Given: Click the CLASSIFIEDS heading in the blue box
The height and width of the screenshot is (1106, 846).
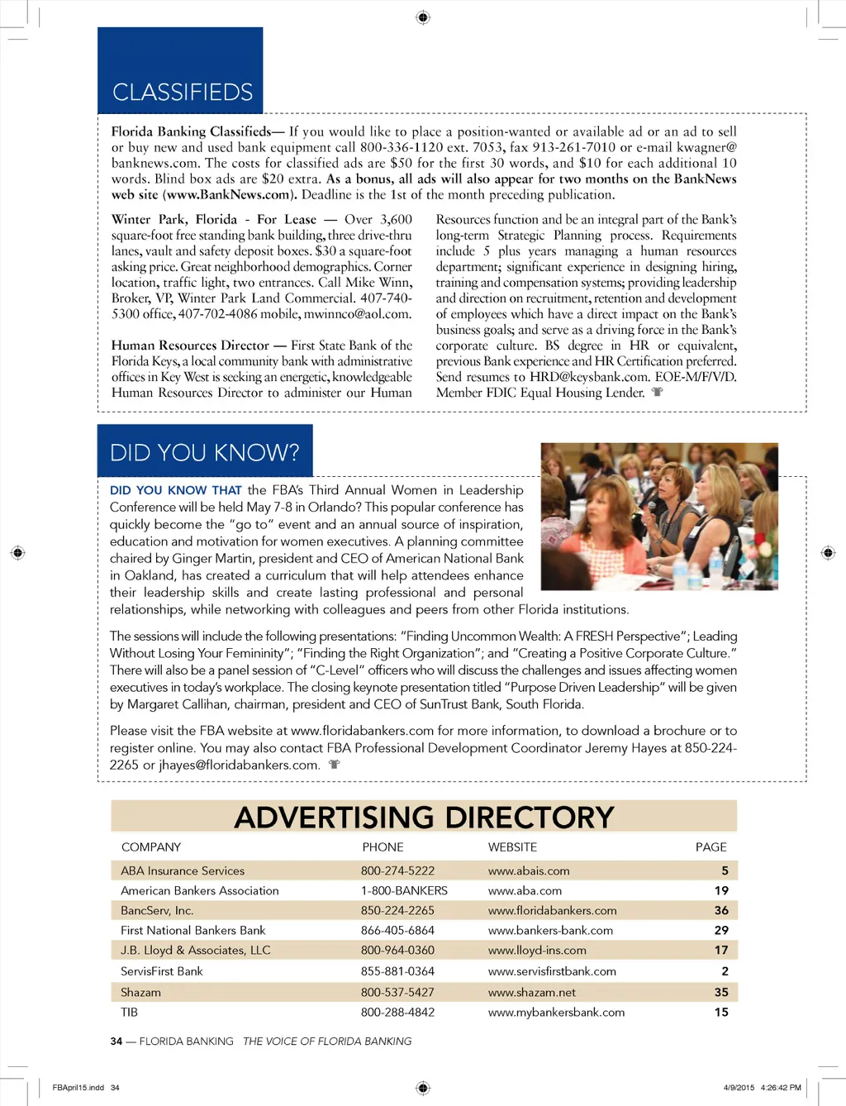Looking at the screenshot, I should pyautogui.click(x=183, y=92).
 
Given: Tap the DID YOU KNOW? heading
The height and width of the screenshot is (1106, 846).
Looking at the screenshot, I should pyautogui.click(x=205, y=452).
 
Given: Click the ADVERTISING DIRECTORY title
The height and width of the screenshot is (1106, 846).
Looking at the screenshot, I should pyautogui.click(x=424, y=817).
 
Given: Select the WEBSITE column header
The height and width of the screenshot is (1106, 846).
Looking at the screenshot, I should pyautogui.click(x=512, y=846).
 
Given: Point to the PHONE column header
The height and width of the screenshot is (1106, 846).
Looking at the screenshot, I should pyautogui.click(x=383, y=846).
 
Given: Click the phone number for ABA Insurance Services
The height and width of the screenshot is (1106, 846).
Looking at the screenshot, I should pyautogui.click(x=397, y=870).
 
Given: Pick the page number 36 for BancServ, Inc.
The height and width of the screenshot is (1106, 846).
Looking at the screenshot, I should pyautogui.click(x=721, y=910).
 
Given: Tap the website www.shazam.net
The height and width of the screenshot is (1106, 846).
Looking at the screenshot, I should pyautogui.click(x=531, y=992).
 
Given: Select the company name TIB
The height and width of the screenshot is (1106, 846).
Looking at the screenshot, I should pyautogui.click(x=129, y=1012).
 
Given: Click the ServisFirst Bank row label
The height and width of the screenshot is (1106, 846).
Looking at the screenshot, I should pyautogui.click(x=161, y=971).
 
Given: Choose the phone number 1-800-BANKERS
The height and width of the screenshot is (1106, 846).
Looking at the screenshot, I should pyautogui.click(x=404, y=890).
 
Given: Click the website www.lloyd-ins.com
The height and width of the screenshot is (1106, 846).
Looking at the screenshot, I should pyautogui.click(x=537, y=950).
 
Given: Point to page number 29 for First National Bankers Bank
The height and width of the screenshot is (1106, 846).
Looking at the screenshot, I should pyautogui.click(x=721, y=930).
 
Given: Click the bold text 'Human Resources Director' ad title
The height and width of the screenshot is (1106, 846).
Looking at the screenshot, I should pyautogui.click(x=190, y=346).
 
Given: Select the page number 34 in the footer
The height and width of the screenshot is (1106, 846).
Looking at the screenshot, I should pyautogui.click(x=116, y=1041).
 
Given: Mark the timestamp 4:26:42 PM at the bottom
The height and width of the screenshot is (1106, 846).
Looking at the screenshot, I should pyautogui.click(x=781, y=1087).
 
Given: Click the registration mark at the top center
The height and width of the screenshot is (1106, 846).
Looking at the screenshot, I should pyautogui.click(x=423, y=17).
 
